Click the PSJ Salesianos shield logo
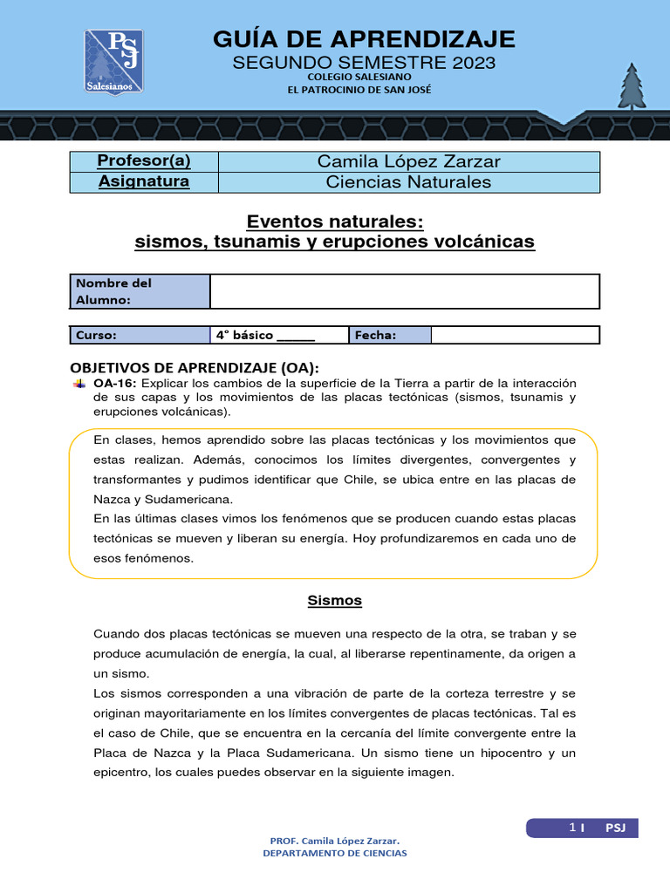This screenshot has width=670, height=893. [x=113, y=61]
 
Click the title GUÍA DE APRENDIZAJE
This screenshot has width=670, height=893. [x=364, y=39]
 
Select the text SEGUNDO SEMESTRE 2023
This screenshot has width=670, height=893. [x=363, y=63]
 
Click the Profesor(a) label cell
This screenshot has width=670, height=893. [x=144, y=161]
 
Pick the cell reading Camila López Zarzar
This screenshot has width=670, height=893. [x=408, y=161]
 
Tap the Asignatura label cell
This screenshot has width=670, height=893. [x=144, y=182]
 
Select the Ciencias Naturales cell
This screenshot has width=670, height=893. [x=408, y=182]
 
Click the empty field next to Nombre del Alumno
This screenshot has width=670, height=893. [x=404, y=291]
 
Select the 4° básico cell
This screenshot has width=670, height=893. [x=279, y=335]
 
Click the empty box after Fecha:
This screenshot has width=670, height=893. [x=515, y=335]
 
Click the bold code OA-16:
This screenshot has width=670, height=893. [x=115, y=383]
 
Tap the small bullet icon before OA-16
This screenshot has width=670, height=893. [x=79, y=383]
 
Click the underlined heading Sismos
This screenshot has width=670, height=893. [x=334, y=601]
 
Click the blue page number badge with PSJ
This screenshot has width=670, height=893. [x=582, y=828]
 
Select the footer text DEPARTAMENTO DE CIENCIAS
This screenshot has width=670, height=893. [x=335, y=853]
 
